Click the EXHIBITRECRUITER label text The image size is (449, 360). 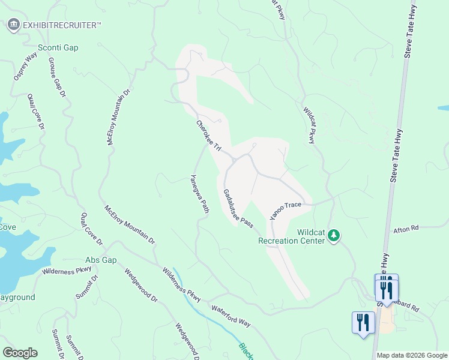(x=62, y=25)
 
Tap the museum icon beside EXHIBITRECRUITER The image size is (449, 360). (x=13, y=25)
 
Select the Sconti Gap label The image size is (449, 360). (x=58, y=47)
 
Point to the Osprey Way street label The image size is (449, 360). (x=26, y=66)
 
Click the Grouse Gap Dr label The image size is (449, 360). (x=56, y=77)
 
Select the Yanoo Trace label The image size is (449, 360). (x=285, y=209)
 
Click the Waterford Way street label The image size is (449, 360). (x=231, y=316)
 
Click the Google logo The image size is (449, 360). (x=20, y=352)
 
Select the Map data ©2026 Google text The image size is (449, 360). (x=412, y=355)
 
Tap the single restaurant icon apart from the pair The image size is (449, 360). (x=363, y=322)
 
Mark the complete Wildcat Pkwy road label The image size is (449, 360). (x=309, y=125)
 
